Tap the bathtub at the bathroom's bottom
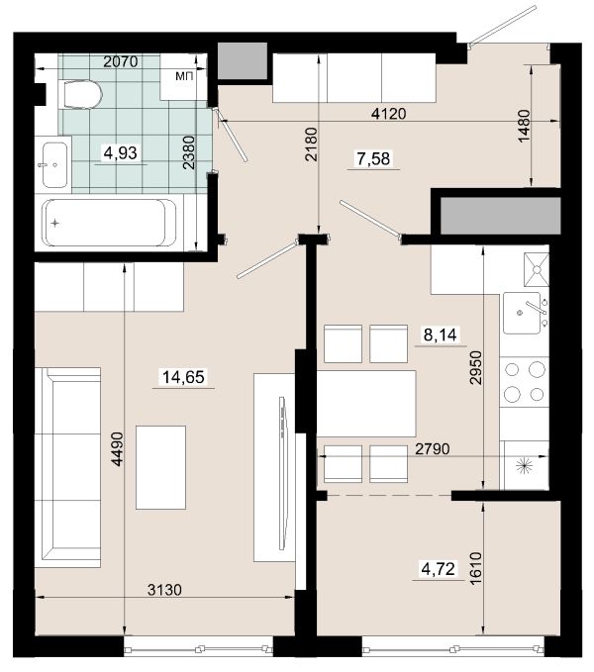[109, 223]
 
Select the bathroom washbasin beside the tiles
[55, 165]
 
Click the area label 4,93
[121, 152]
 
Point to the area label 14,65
[183, 377]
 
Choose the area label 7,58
[373, 159]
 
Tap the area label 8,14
[441, 335]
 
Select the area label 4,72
[438, 569]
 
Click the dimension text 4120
[389, 114]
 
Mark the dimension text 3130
[164, 590]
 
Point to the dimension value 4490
[117, 448]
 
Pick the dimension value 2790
[433, 448]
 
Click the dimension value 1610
[476, 569]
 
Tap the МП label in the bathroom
[184, 77]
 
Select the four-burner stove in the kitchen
[524, 382]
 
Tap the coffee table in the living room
[160, 467]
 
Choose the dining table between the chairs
[366, 404]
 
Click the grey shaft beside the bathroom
[243, 60]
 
